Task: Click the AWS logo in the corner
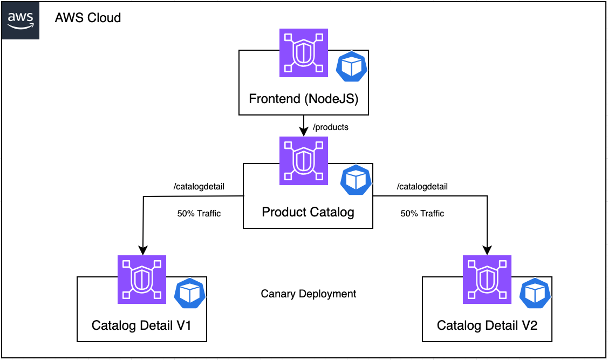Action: click(x=20, y=20)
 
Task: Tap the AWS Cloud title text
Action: click(x=88, y=18)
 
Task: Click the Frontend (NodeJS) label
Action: click(x=303, y=99)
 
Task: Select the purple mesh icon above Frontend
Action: click(x=304, y=53)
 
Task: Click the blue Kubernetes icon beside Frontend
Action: click(x=352, y=67)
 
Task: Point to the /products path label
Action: click(x=331, y=127)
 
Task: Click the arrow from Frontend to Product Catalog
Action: click(x=304, y=126)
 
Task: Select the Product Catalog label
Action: click(x=308, y=212)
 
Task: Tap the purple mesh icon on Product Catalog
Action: click(x=304, y=161)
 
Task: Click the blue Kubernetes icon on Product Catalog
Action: click(x=356, y=180)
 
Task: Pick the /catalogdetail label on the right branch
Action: click(x=422, y=187)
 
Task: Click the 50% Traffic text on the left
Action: click(x=199, y=213)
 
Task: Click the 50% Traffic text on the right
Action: click(x=422, y=213)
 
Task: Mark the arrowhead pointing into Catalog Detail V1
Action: click(x=142, y=250)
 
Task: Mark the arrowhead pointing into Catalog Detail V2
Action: click(x=487, y=250)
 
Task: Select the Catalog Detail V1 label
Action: click(x=141, y=325)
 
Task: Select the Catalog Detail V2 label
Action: click(x=487, y=325)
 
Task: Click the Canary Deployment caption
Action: click(x=309, y=294)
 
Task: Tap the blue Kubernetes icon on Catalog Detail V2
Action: click(x=535, y=293)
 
